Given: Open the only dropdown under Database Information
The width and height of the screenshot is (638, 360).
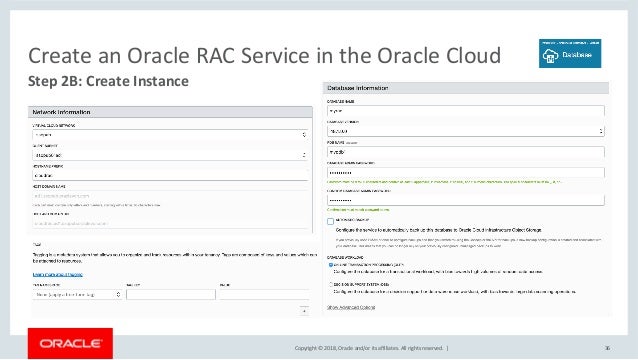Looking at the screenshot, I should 466,130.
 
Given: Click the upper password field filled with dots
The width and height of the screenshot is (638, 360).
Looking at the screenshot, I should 466,172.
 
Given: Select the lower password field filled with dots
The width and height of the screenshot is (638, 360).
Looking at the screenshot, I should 466,200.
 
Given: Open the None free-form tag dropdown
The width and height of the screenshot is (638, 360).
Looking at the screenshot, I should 81,296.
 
